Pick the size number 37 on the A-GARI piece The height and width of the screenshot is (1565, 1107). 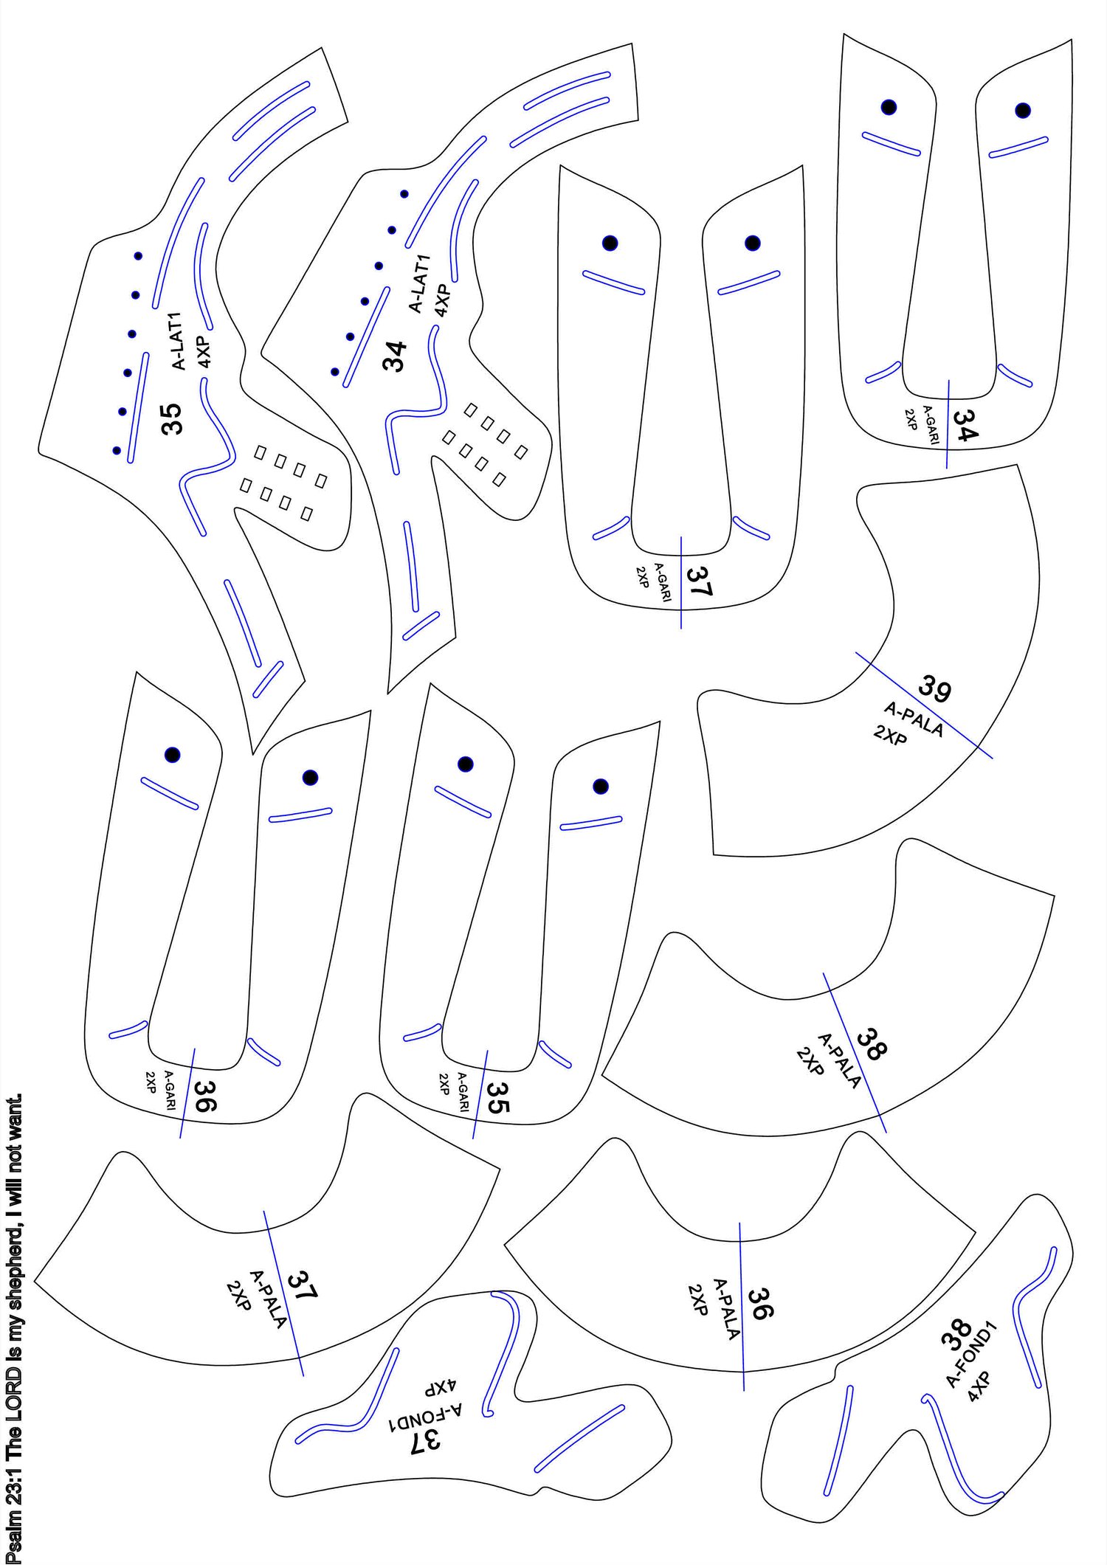699,581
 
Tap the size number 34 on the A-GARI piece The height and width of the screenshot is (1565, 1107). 965,425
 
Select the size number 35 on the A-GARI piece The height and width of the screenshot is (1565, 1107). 498,1097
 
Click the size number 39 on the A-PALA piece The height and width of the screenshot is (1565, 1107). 934,688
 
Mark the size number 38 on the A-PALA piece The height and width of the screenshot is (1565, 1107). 872,1045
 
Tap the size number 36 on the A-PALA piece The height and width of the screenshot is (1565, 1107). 760,1304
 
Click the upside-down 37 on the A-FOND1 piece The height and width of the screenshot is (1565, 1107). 426,1438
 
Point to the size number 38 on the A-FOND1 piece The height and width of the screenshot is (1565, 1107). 956,1335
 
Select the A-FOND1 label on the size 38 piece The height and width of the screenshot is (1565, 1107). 971,1355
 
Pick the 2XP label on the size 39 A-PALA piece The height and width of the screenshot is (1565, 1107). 890,735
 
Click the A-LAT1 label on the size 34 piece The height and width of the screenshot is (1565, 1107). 418,284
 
